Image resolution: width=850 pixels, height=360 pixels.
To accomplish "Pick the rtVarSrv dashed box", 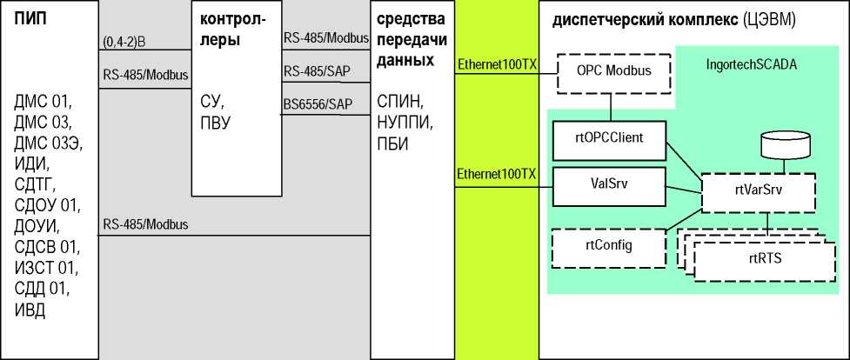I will tap(758, 194).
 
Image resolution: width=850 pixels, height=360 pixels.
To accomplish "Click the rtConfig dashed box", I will tap(608, 246).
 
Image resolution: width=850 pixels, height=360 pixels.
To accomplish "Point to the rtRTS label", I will tap(763, 257).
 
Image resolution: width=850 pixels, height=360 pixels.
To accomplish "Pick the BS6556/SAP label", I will tap(318, 104).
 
